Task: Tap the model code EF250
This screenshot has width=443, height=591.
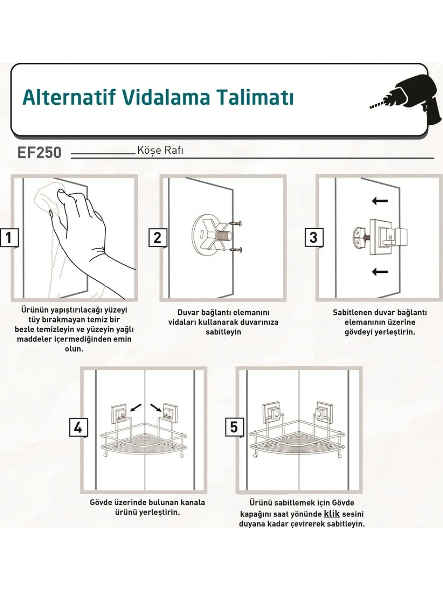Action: click(x=39, y=153)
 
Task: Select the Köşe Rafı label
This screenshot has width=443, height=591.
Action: click(x=161, y=150)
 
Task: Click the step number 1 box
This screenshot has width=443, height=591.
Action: click(x=9, y=238)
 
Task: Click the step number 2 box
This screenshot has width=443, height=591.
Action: click(x=157, y=237)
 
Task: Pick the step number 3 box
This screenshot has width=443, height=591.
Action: click(x=314, y=237)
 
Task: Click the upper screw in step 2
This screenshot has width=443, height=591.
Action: click(x=235, y=223)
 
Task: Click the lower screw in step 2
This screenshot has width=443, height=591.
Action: click(x=236, y=250)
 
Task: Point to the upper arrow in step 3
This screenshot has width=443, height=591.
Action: click(x=380, y=201)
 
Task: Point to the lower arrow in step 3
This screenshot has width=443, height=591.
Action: click(x=380, y=272)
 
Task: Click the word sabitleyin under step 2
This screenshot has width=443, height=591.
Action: click(x=223, y=332)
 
